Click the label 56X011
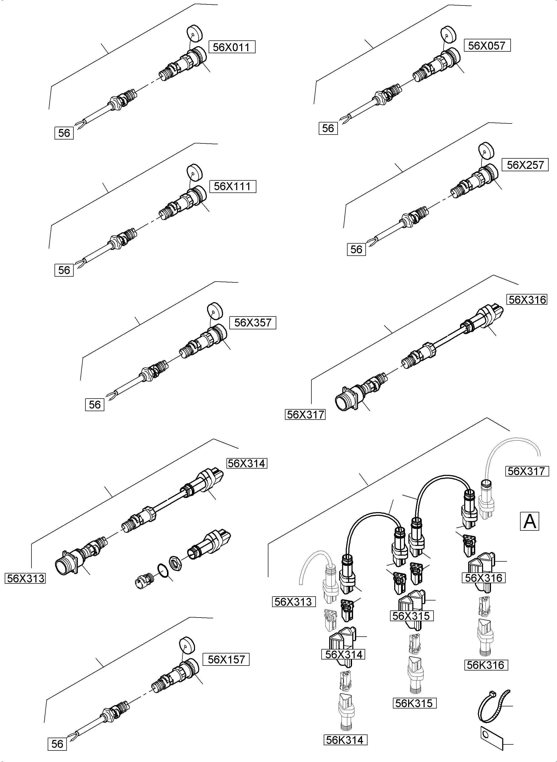(232, 47)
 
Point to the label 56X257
(525, 165)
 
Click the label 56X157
(226, 659)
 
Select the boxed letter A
(529, 521)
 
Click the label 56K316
(485, 665)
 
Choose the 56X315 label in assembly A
(411, 616)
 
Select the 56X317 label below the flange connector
(305, 415)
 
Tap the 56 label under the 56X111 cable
(64, 270)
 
